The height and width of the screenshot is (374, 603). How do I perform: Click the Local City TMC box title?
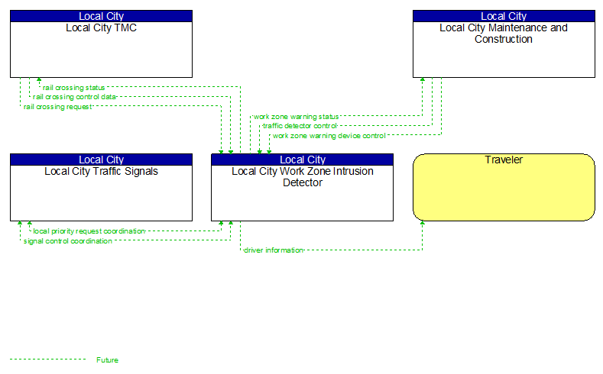pos(101,28)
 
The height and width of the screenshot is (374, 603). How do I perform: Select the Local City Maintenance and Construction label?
pos(504,34)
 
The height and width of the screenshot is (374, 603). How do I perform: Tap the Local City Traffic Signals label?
pos(101,172)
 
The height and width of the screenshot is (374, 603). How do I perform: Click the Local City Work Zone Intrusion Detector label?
pos(303,177)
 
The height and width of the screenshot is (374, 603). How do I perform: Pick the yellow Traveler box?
pos(504,191)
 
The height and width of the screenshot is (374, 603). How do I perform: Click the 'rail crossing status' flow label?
pos(74,88)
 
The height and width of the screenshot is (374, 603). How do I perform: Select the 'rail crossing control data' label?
pos(75,97)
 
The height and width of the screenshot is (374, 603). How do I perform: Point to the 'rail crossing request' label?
pos(57,107)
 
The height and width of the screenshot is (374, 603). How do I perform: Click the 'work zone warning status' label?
pos(296,117)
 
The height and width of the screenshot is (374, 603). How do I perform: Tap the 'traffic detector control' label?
pos(300,126)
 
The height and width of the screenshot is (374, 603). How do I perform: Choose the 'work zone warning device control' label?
pos(329,136)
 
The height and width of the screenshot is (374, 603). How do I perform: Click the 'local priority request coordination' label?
pos(89,231)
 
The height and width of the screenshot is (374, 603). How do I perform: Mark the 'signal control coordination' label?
pos(68,241)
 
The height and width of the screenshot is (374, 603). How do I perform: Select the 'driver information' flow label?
pos(274,250)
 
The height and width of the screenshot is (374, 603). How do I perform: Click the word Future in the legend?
pos(108,359)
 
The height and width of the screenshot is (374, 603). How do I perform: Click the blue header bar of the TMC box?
pos(101,16)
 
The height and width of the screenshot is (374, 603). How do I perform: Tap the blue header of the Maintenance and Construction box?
pos(504,16)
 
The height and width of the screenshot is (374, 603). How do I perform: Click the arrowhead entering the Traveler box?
pos(423,225)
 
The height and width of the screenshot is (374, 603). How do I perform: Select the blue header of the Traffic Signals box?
pos(101,160)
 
